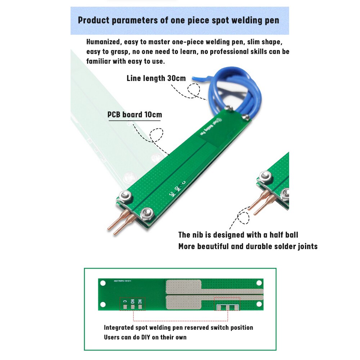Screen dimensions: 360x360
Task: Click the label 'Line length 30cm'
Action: [156, 78]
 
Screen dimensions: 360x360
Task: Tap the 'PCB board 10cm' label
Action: [135, 115]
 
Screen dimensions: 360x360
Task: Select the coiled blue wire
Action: [234, 90]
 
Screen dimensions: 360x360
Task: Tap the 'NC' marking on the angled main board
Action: [173, 194]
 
